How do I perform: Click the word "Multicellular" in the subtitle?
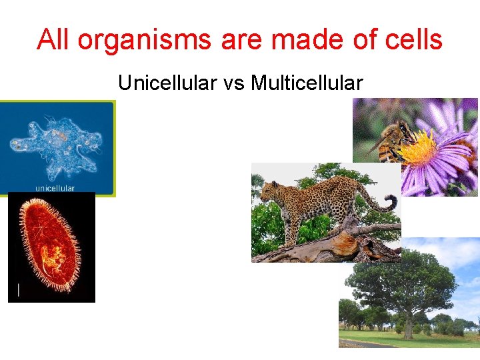(307, 83)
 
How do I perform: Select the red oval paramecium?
(50, 247)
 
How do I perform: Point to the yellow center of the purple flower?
(420, 148)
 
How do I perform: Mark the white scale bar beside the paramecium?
(18, 289)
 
